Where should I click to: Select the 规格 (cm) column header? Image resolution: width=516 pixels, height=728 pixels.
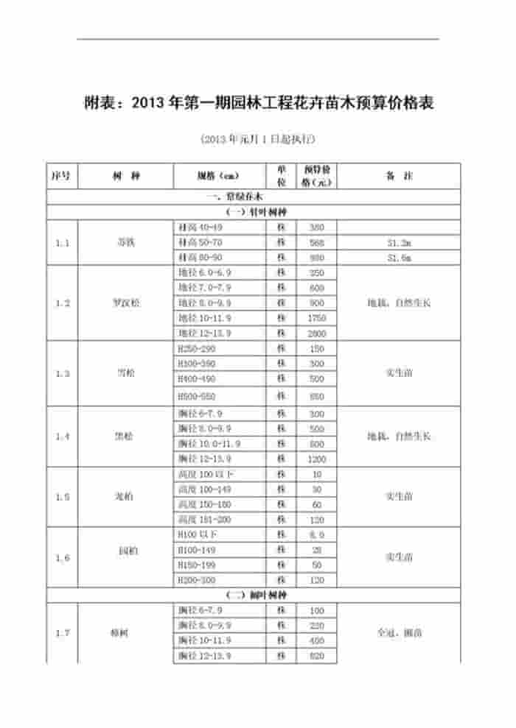tap(219, 177)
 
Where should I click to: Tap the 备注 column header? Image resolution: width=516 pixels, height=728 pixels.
tap(398, 177)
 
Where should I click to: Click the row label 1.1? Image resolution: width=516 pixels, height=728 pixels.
tap(62, 243)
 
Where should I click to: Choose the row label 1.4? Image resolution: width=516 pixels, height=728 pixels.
tap(62, 437)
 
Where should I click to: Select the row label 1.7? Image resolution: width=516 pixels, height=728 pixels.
tap(62, 632)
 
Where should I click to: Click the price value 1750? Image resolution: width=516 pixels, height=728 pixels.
tap(317, 318)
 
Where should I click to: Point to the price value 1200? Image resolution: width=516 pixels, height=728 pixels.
tap(317, 459)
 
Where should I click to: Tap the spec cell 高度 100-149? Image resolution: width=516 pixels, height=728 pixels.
tap(205, 489)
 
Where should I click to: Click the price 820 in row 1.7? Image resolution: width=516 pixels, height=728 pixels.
tap(317, 655)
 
